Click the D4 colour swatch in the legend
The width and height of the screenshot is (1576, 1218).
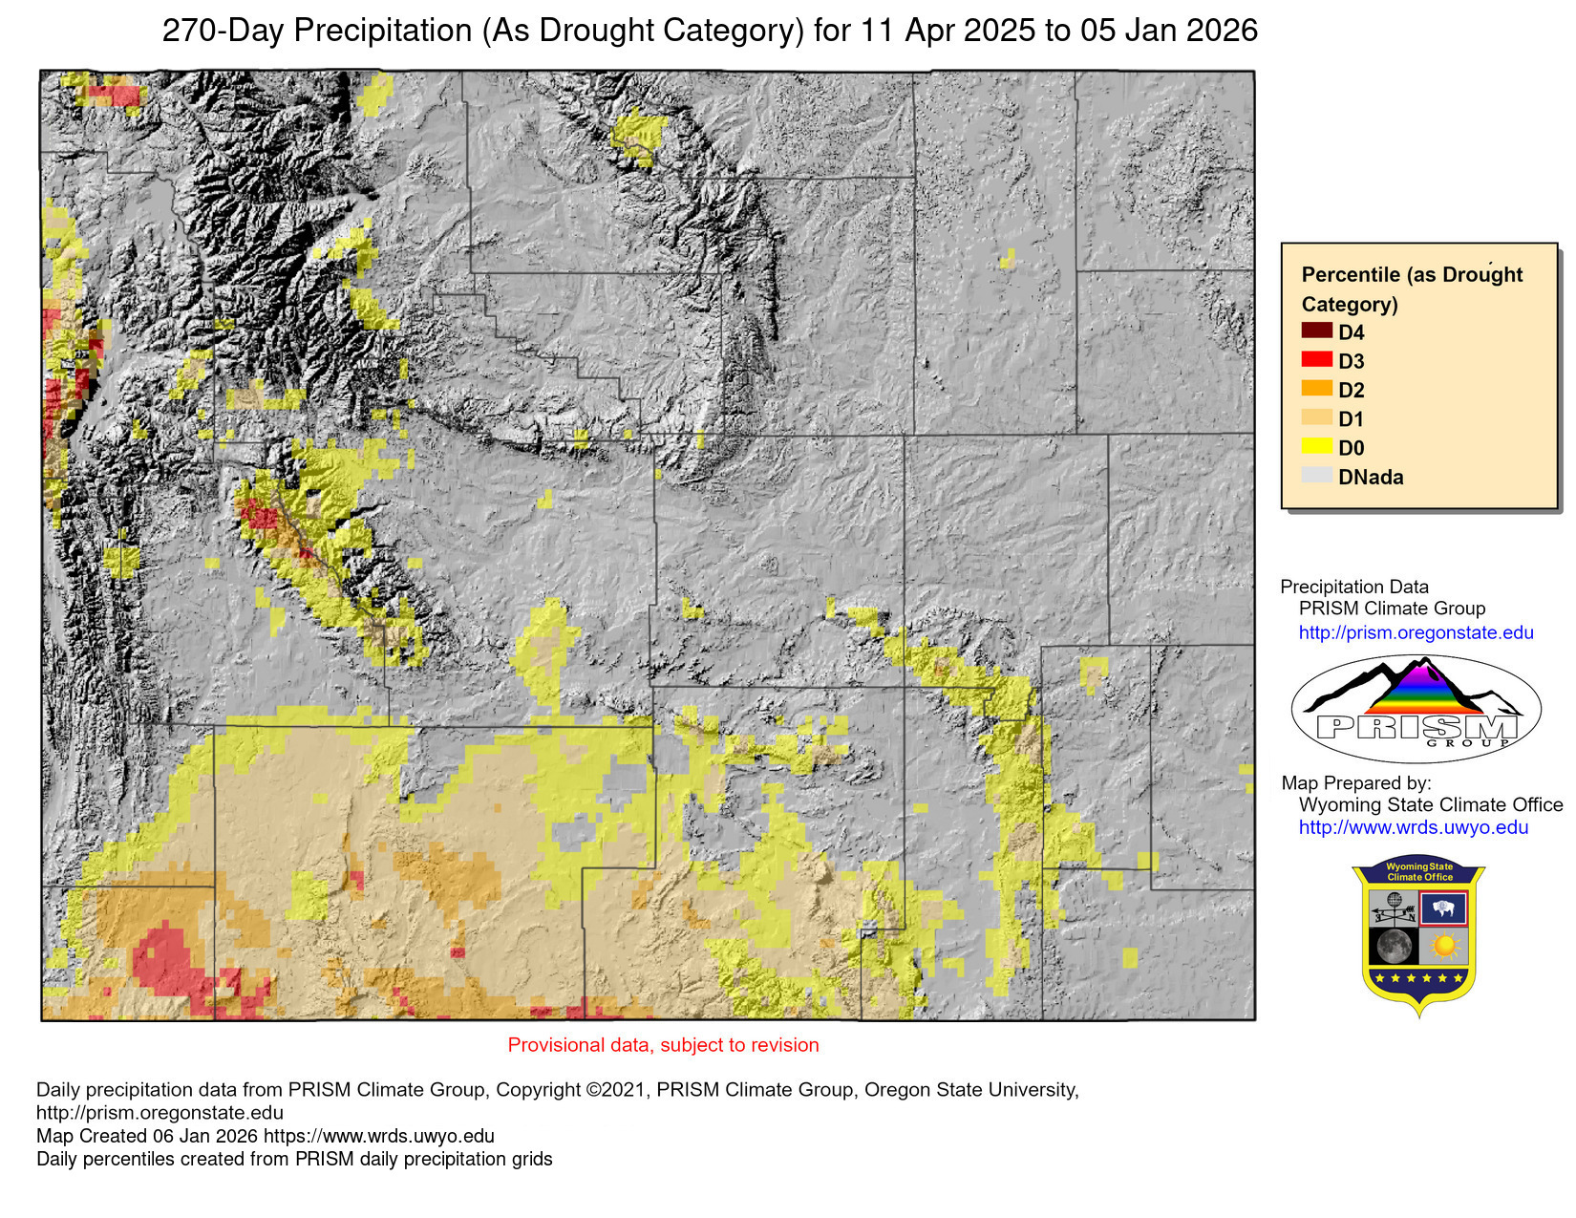1316,331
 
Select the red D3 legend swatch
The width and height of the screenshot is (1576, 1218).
1316,359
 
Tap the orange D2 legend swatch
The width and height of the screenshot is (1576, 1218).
1316,388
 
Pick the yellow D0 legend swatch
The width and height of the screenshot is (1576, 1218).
1316,446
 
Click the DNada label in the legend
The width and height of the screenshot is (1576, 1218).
1371,477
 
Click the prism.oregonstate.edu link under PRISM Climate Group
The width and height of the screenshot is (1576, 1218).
1416,632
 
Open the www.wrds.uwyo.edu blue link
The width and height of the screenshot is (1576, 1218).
1413,827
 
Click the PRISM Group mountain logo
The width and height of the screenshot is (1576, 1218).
1416,708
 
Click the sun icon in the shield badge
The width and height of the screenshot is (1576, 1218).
1443,947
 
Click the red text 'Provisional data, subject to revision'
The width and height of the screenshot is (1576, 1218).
663,1045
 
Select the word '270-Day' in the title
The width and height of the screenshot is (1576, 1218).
223,31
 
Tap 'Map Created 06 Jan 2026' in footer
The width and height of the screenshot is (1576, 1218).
147,1136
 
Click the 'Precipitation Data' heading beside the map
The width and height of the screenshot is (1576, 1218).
1354,587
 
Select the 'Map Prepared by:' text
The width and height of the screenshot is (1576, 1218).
1356,782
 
